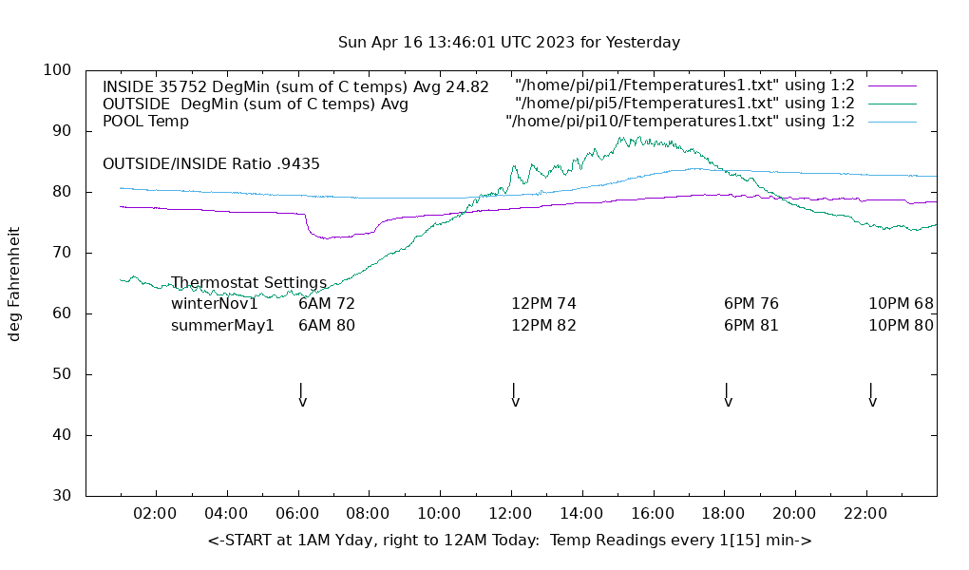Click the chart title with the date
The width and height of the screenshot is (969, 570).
click(x=509, y=43)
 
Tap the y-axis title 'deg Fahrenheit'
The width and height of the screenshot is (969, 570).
click(x=15, y=283)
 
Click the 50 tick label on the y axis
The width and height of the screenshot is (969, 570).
click(x=62, y=374)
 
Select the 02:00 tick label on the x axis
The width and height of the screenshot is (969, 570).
click(x=155, y=514)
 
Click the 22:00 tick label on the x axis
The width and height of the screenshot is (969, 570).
click(x=865, y=514)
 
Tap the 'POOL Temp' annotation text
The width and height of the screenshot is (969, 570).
click(x=145, y=121)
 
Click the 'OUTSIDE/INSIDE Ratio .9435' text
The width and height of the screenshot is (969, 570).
click(x=211, y=163)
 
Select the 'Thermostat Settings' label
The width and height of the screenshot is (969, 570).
click(x=249, y=283)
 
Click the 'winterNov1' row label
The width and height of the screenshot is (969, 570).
click(x=215, y=304)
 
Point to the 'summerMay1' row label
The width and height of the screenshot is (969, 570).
click(x=222, y=325)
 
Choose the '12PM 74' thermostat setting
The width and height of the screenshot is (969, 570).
click(x=543, y=304)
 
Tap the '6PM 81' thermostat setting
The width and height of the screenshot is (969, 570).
click(x=750, y=325)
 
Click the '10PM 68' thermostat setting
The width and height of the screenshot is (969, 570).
click(x=901, y=304)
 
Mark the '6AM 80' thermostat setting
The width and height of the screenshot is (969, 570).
click(x=326, y=325)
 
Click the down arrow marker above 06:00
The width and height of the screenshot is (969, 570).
click(x=301, y=395)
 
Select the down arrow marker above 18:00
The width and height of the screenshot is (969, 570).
click(x=727, y=395)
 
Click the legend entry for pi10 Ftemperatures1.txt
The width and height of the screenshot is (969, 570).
click(x=680, y=121)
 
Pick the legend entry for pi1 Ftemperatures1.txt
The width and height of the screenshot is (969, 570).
click(x=685, y=86)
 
